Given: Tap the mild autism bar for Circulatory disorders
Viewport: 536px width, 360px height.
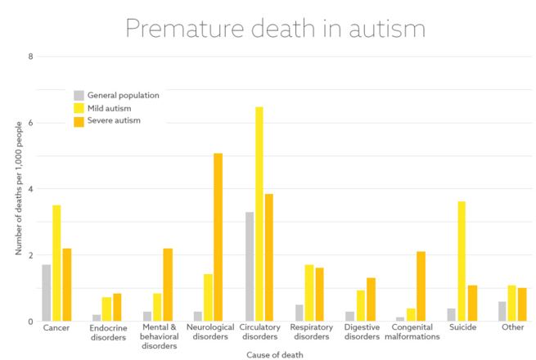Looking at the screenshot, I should [x=259, y=214].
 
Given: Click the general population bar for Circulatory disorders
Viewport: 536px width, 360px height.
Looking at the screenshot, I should [x=249, y=267].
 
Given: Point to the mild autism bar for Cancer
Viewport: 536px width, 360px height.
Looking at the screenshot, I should [x=56, y=263].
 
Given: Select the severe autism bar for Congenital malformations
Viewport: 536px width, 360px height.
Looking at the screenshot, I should [x=421, y=286].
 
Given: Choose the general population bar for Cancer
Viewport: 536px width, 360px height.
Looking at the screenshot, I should [x=47, y=293].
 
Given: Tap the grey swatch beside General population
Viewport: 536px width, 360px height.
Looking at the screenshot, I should [x=79, y=95].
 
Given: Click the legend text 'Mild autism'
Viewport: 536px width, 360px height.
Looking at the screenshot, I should [x=113, y=108].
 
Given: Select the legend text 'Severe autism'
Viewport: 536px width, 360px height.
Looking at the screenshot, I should [x=115, y=121].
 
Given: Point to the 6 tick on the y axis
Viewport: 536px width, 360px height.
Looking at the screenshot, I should [x=30, y=123].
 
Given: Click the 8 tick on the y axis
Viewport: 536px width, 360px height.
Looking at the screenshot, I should [x=30, y=56].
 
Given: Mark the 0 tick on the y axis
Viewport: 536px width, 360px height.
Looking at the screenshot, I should [x=30, y=322].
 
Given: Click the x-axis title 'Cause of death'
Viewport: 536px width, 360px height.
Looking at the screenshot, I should [x=274, y=354].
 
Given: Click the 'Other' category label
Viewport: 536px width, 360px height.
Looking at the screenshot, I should [x=512, y=327].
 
